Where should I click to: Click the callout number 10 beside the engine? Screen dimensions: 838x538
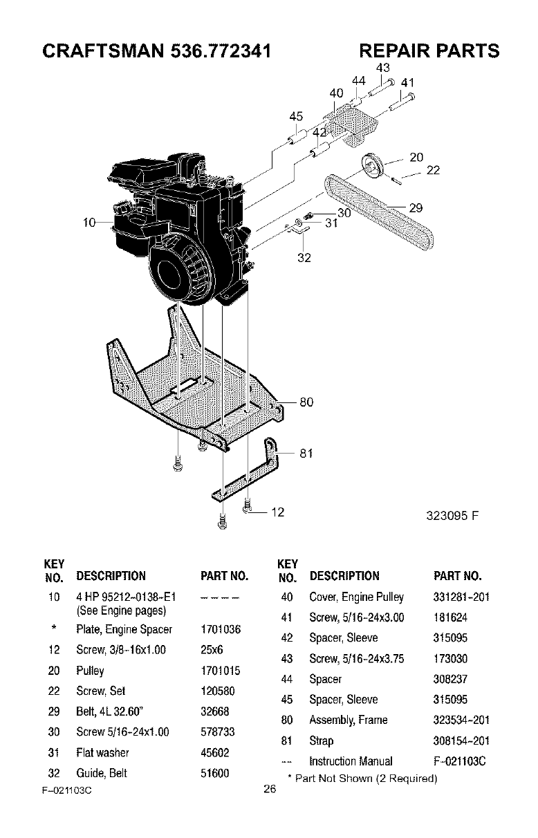tap(88, 222)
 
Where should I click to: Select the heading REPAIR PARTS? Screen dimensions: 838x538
tap(429, 51)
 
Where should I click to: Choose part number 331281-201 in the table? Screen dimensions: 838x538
tap(461, 597)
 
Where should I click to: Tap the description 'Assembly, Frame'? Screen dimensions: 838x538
tap(349, 720)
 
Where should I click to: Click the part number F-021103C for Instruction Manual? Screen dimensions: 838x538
tap(461, 761)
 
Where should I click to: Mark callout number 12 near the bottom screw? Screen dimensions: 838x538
tap(277, 512)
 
